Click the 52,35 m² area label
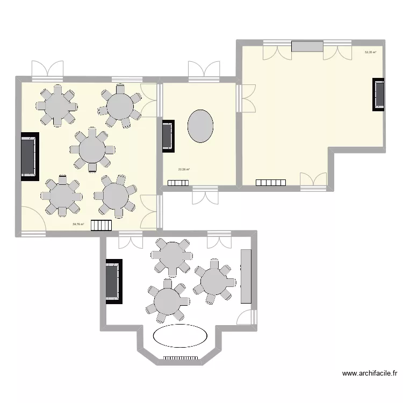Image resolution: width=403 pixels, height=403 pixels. pyautogui.click(x=370, y=53)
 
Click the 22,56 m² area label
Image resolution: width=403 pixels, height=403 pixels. pyautogui.click(x=184, y=170)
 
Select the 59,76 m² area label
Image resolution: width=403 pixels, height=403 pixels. pyautogui.click(x=78, y=225)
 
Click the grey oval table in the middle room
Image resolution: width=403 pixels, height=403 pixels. pyautogui.click(x=200, y=126)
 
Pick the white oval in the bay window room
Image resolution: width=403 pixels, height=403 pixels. pyautogui.click(x=181, y=336)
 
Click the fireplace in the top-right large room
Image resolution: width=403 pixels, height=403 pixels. pyautogui.click(x=379, y=95)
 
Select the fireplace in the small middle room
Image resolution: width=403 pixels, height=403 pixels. pyautogui.click(x=168, y=135)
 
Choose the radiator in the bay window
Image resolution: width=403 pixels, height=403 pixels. pyautogui.click(x=181, y=357)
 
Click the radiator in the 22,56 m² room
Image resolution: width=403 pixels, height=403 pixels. pyautogui.click(x=178, y=183)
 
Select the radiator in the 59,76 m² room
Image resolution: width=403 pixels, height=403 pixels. pyautogui.click(x=100, y=226)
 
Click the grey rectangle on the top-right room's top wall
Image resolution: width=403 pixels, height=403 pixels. pyautogui.click(x=307, y=46)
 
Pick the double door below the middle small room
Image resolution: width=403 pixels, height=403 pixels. pyautogui.click(x=205, y=197)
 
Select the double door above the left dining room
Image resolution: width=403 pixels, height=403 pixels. pyautogui.click(x=47, y=69)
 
